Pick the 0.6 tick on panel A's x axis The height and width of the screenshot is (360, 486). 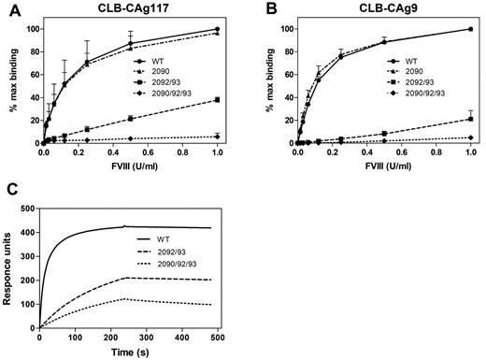[148, 153]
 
